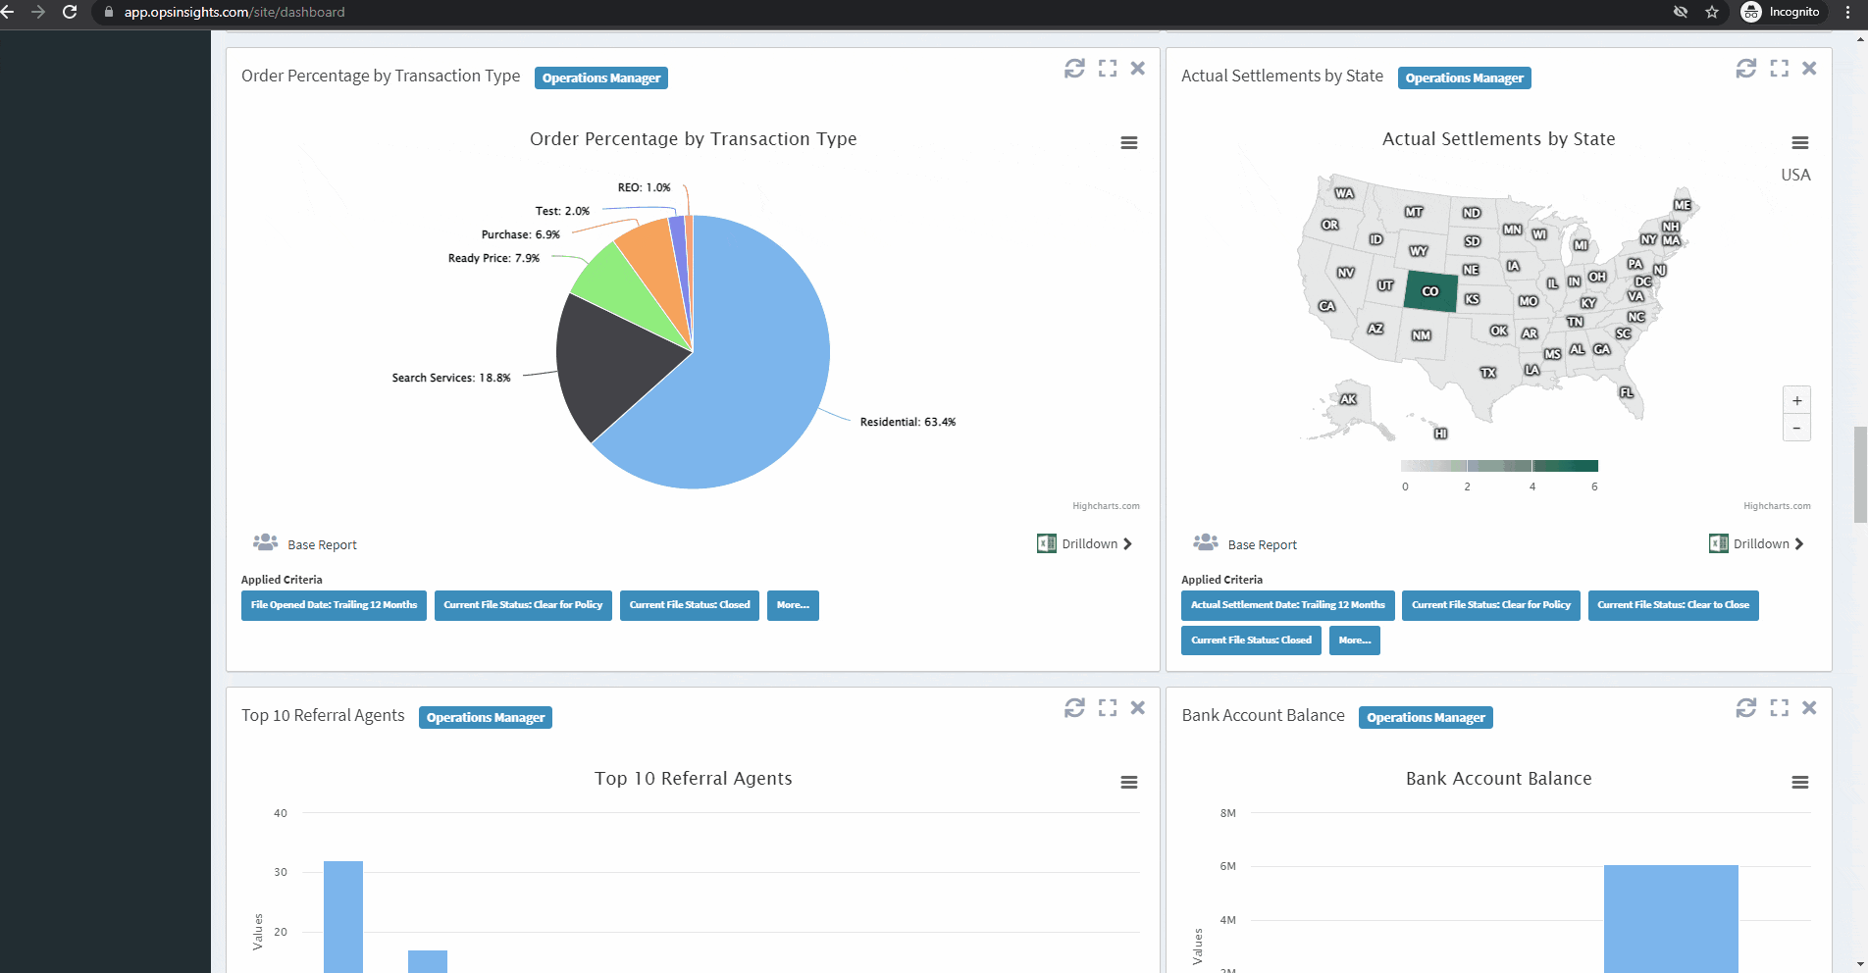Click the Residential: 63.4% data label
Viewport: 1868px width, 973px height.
point(907,422)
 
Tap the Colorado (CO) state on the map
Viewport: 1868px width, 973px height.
point(1429,291)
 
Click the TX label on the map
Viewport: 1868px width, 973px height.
point(1488,373)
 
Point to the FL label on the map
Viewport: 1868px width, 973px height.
point(1627,392)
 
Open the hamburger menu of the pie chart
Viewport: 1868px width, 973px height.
point(1129,143)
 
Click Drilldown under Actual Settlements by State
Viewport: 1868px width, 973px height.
point(1760,544)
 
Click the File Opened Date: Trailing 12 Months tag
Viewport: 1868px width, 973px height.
point(334,605)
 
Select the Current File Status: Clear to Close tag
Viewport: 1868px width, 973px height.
point(1673,605)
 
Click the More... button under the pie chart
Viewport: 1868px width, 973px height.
point(793,605)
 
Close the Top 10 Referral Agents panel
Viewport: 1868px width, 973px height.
point(1138,707)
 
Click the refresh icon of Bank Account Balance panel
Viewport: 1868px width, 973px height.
point(1745,707)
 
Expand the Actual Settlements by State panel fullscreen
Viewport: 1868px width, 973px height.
point(1779,69)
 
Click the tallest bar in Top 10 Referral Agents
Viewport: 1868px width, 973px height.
point(343,917)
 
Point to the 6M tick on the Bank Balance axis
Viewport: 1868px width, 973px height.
point(1227,866)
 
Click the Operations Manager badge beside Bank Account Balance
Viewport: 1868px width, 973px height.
point(1426,718)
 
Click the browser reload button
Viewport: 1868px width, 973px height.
point(70,12)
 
